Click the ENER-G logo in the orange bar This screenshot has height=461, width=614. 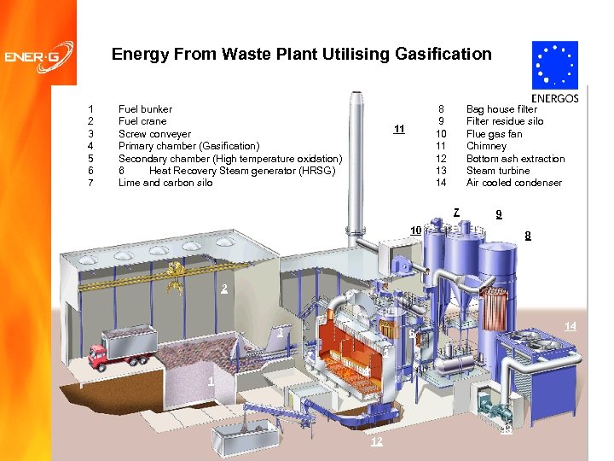(x=38, y=58)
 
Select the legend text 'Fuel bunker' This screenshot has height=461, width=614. (x=145, y=109)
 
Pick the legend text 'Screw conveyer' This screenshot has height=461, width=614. (x=154, y=134)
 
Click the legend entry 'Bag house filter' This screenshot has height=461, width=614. (x=501, y=109)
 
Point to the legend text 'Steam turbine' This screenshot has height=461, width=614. (x=497, y=171)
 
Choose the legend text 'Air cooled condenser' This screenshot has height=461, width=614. (x=514, y=183)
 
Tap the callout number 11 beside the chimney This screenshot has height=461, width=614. (x=398, y=130)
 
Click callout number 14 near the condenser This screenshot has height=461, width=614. (x=571, y=325)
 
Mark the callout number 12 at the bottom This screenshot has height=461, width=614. (x=377, y=441)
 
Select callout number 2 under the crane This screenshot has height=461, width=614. (x=224, y=289)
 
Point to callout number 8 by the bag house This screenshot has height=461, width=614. (x=529, y=236)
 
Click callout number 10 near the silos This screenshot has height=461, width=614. (x=415, y=230)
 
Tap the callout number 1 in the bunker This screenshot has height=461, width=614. (x=210, y=381)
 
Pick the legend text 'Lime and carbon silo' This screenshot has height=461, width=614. (x=165, y=183)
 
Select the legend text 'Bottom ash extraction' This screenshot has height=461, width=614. (x=515, y=159)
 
